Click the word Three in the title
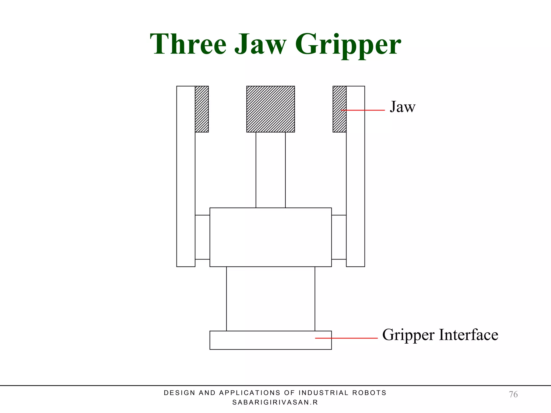[x=188, y=44]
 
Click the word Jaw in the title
[x=260, y=44]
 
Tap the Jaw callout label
[x=402, y=107]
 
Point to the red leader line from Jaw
[x=363, y=110]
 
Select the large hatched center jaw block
[x=271, y=109]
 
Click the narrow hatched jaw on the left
[x=202, y=109]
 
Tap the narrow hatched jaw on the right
[x=340, y=109]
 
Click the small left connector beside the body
[x=202, y=237]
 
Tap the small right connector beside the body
[x=339, y=237]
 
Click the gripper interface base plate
[x=271, y=340]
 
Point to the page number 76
[x=513, y=394]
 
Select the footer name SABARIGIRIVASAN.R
[x=275, y=403]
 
